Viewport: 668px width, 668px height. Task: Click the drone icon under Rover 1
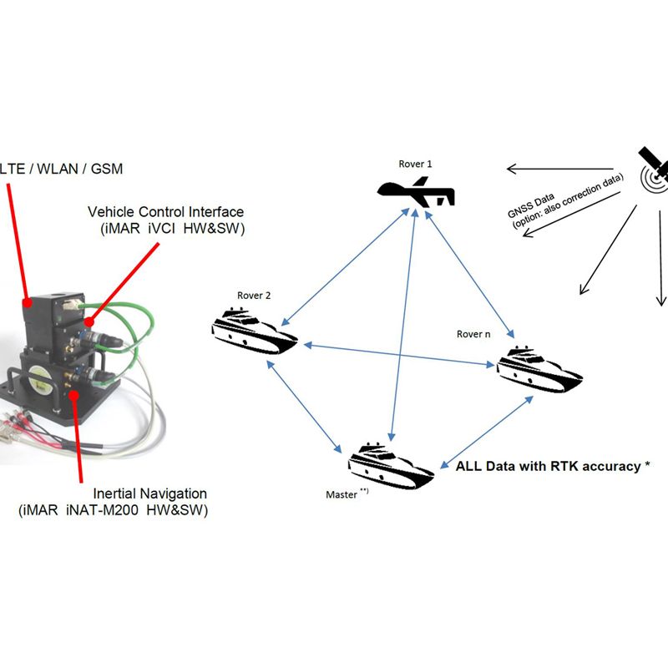414,192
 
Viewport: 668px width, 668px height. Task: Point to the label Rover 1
415,164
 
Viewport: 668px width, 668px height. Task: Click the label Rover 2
254,295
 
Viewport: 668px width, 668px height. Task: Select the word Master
342,494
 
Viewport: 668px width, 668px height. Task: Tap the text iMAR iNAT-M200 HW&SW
114,510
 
